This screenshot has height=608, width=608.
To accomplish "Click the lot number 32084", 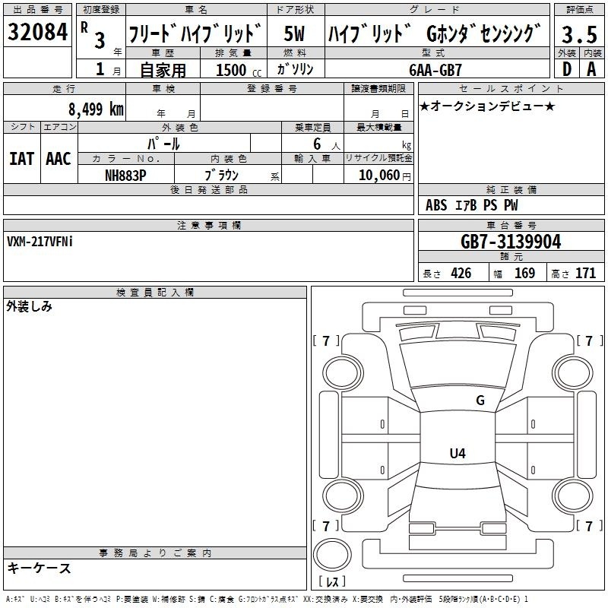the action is pos(37,32).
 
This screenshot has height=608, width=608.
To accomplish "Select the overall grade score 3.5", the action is pos(579,34).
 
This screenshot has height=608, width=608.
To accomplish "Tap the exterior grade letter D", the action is pos(567,69).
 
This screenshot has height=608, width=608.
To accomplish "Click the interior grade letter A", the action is pos(591,69).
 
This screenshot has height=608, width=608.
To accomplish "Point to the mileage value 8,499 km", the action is pos(96,109).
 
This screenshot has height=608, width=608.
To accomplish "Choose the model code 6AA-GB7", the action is pos(435,70).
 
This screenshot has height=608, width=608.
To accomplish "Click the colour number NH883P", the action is pos(125,176).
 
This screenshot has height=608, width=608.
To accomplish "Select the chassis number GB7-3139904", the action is pos(511,242).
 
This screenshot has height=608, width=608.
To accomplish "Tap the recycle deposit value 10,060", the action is pos(378,176).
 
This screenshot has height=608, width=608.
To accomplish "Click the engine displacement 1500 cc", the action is pos(239,70).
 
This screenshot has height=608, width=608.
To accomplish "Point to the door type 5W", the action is pos(294,33).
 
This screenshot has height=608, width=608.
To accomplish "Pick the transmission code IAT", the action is pos(21,159).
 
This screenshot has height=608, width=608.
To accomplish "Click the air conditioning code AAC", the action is pos(59,159).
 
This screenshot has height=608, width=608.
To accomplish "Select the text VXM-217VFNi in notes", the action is pos(40,242).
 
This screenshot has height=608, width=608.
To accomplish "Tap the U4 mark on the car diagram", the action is pos(458,453).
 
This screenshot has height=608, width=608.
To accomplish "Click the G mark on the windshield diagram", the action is pos(480,400).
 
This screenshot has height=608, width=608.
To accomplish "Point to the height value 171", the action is pos(585,273).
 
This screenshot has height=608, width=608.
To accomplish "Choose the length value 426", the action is pos(461,273).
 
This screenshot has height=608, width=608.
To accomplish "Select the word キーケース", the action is pos(40,568).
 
